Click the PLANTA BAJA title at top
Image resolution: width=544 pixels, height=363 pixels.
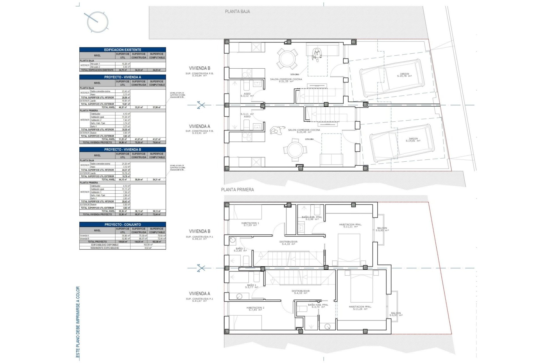[237, 12]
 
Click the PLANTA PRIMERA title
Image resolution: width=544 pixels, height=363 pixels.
[237, 190]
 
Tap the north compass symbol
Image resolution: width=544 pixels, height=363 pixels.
[97, 22]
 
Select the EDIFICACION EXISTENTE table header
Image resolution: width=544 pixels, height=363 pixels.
[122, 50]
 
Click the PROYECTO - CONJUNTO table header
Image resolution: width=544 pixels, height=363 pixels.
[122, 225]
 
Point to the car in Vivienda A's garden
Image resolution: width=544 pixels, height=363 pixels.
[402, 143]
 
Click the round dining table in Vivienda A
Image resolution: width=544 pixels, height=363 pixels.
[295, 150]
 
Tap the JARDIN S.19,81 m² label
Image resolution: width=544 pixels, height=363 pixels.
[413, 140]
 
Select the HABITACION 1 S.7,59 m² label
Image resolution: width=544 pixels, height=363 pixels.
[250, 224]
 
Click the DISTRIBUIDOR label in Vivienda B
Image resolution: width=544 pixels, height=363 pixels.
[288, 243]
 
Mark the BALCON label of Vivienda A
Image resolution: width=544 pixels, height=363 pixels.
[396, 314]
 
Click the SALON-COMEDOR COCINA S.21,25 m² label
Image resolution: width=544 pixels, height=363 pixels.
[286, 80]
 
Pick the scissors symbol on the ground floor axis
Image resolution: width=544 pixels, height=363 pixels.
[201, 105]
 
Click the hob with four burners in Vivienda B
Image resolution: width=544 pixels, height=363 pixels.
[247, 73]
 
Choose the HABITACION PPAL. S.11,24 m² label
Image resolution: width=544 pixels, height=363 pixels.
[360, 308]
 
